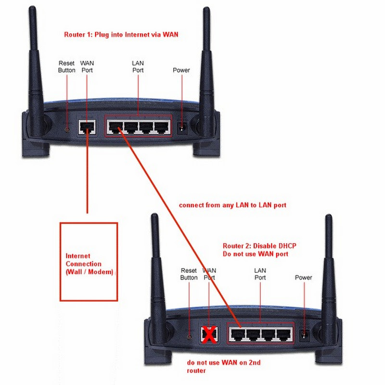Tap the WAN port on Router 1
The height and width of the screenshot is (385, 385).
point(87,127)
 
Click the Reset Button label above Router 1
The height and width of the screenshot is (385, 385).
point(67,66)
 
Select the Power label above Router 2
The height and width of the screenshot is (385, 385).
point(303,278)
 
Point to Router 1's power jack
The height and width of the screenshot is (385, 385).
point(182,128)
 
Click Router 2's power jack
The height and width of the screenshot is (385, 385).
point(304,334)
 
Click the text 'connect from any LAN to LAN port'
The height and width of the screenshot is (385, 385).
point(232,205)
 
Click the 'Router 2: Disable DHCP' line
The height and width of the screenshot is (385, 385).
point(259,246)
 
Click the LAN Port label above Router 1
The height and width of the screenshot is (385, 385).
point(138,66)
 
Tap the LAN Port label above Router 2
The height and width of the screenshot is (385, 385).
point(260,274)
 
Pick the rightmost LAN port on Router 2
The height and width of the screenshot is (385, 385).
point(284,334)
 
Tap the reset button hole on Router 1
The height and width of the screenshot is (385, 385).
point(67,129)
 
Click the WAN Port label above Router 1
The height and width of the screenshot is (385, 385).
point(87,66)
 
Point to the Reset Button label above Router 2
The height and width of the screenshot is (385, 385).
point(189,274)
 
